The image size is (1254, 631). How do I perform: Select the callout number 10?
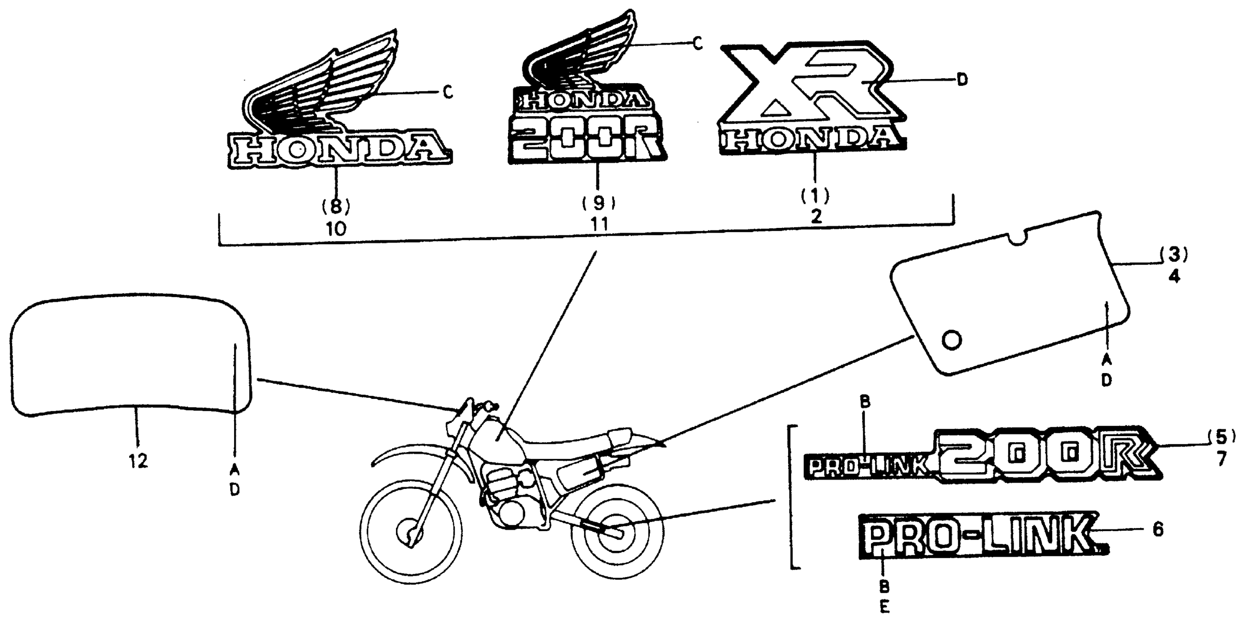point(336,228)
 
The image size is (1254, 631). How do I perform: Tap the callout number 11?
point(599,225)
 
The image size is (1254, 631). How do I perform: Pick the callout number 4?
point(1174,277)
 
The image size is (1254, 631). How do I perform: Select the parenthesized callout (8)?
point(336,207)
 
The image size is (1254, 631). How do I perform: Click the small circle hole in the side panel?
point(952,340)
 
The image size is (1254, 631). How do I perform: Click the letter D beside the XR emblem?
point(962,80)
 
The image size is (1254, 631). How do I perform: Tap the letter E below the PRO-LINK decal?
point(884,607)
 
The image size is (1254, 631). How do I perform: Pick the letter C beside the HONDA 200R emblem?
point(698,44)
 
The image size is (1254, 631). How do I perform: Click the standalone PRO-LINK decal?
point(979,540)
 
